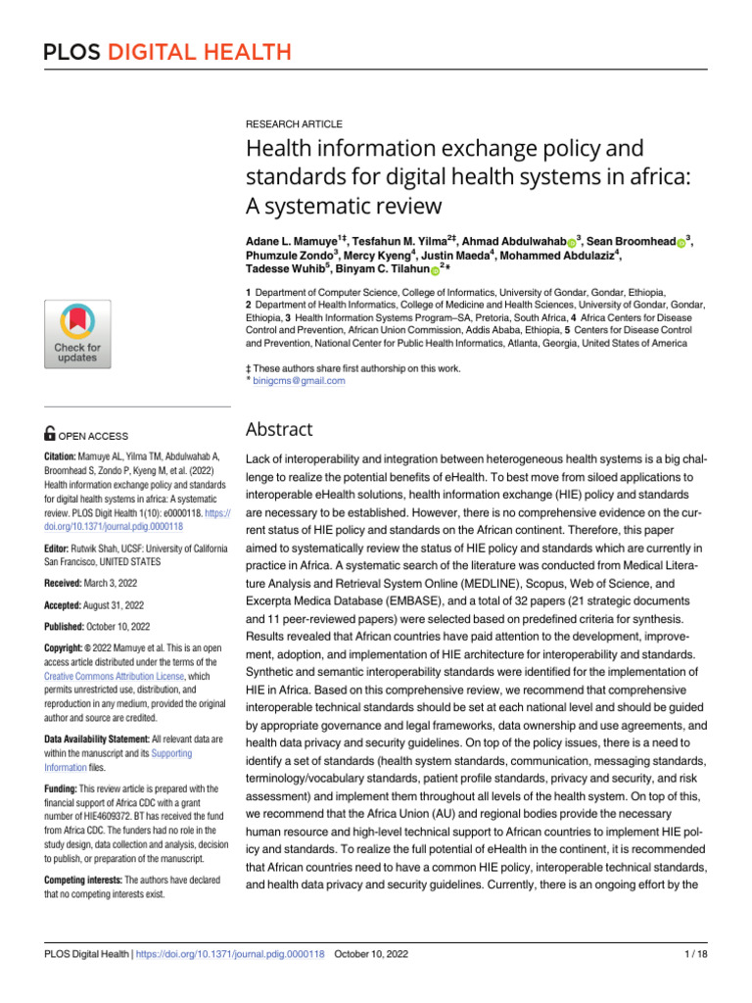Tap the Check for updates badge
[x=76, y=334]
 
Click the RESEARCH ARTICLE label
[x=294, y=124]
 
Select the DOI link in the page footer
[x=231, y=954]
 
